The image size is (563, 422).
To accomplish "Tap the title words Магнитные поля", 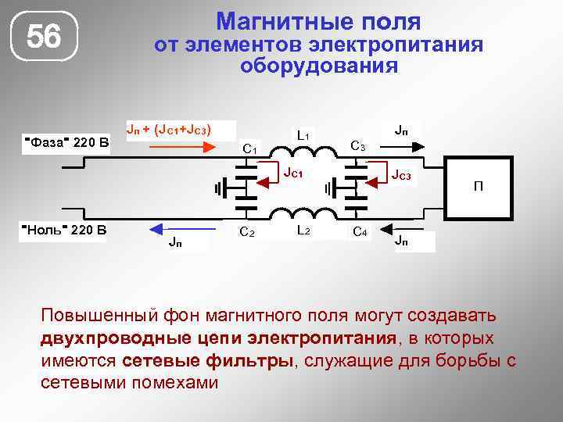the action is coord(318,21).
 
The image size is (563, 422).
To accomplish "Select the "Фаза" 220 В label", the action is coord(68,141).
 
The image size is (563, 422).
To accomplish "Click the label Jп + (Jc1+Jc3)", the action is coord(169,127).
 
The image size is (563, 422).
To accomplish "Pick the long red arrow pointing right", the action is coord(176,145).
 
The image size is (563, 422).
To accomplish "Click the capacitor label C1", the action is coord(251,146).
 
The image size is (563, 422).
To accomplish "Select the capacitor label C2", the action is coord(247,231).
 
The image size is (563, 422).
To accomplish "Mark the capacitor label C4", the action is coord(360,231).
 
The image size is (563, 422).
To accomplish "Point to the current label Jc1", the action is coord(294,172).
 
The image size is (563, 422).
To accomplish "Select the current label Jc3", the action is coord(401,175).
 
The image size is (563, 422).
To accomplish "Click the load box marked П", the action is coord(478,186).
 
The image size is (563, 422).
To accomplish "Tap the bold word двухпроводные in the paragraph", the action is coord(139,338).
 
